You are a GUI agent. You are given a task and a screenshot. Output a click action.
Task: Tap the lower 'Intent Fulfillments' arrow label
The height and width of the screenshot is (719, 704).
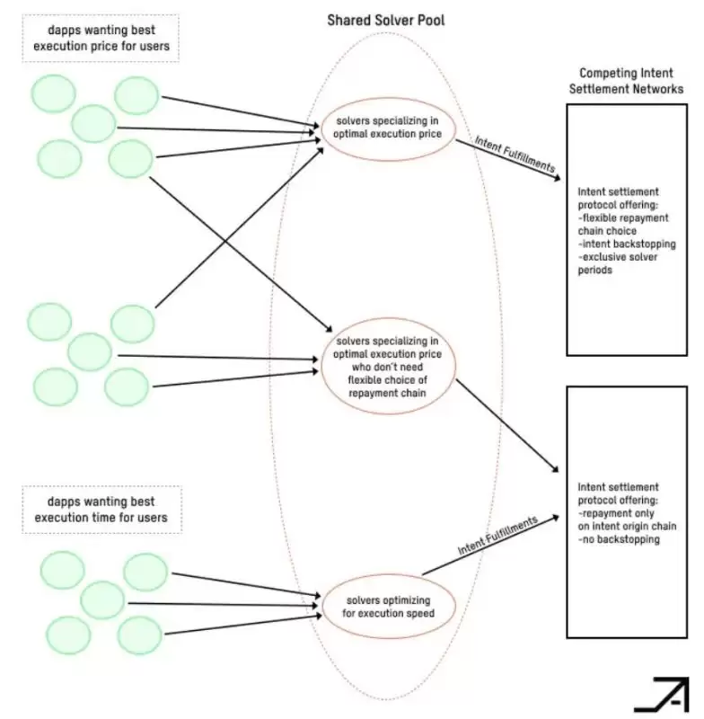click(498, 535)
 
